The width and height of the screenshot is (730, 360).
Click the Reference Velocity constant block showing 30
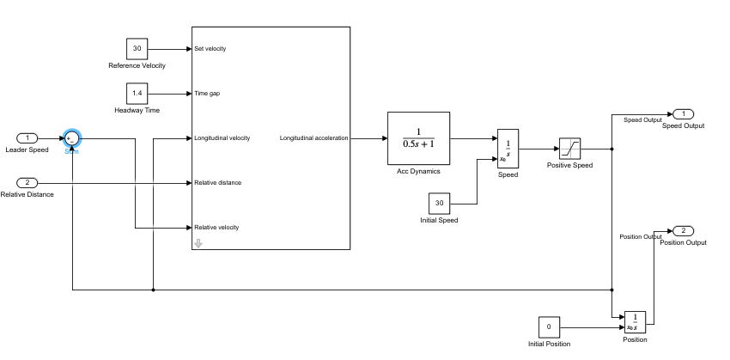[x=137, y=48]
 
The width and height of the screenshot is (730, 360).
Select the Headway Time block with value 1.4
[x=137, y=93]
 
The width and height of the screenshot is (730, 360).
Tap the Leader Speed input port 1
[x=27, y=137]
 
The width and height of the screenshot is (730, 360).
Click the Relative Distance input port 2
[x=27, y=182]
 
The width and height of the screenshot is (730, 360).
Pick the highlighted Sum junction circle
[x=71, y=138]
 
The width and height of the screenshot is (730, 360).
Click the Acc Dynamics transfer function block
[x=419, y=137]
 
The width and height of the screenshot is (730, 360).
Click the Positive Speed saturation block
[x=570, y=149]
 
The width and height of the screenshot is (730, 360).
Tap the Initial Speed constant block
[x=440, y=204]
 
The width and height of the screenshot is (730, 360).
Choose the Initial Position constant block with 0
[x=549, y=327]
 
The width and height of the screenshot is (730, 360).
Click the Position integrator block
[x=635, y=322]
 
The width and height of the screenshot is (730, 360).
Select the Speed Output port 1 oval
[x=683, y=114]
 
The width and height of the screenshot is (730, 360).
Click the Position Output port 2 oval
[x=683, y=231]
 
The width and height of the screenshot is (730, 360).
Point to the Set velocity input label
[x=210, y=49]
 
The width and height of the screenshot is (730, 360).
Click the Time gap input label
[x=207, y=94]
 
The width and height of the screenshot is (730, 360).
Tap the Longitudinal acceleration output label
[x=313, y=138]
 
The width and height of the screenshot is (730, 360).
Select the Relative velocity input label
[x=216, y=228]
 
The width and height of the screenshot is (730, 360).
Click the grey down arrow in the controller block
[x=198, y=243]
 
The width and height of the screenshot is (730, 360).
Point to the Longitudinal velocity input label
[x=222, y=138]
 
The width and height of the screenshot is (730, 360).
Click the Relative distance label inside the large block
[x=217, y=183]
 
